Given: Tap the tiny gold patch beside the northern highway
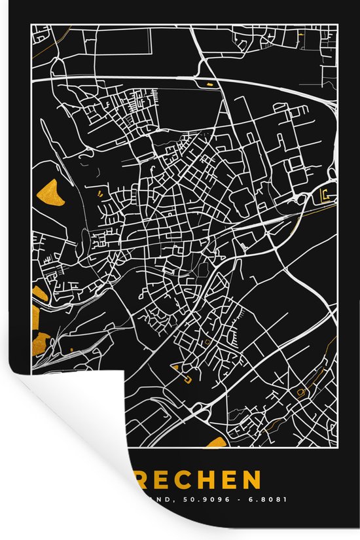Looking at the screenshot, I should click(211, 84).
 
